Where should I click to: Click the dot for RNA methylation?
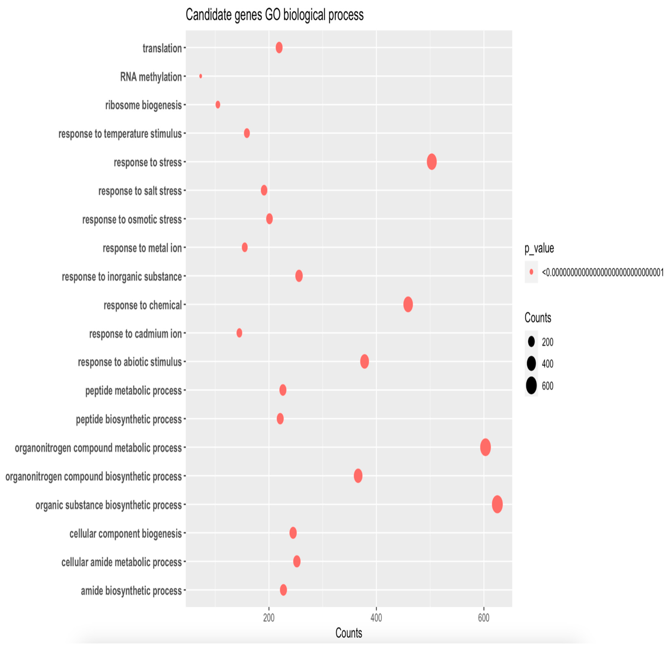point(200,76)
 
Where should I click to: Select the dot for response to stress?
point(432,162)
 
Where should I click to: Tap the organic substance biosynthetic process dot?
point(497,504)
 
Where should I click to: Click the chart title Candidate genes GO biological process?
point(275,15)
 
